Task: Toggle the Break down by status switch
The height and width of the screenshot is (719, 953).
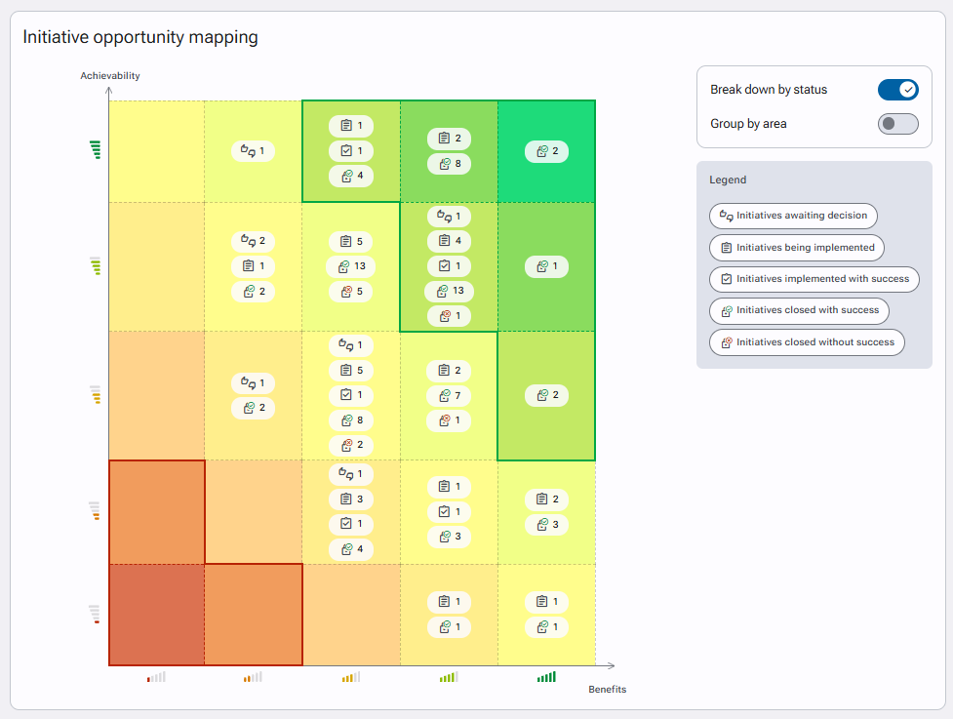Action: (897, 90)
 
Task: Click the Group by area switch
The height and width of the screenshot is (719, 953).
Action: (897, 124)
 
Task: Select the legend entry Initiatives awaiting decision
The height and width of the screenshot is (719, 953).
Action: (793, 216)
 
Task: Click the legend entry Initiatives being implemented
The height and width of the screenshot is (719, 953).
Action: (797, 248)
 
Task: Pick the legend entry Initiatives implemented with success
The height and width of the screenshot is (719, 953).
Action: (814, 279)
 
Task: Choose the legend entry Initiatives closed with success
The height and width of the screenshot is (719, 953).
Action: (799, 310)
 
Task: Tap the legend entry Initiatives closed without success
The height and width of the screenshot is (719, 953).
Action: (807, 342)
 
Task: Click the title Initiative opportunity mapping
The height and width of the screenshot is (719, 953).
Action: (140, 37)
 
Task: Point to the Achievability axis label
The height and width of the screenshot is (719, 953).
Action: (110, 75)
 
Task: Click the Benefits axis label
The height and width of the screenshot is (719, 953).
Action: (607, 689)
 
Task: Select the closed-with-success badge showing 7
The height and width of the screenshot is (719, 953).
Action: (449, 396)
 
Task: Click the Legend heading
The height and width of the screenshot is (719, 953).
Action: (728, 180)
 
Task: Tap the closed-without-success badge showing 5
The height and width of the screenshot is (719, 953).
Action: (351, 292)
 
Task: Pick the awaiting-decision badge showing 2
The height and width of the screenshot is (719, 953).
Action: (253, 241)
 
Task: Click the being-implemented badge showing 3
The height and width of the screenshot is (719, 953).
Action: (351, 499)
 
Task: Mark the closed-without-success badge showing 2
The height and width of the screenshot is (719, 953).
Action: (351, 445)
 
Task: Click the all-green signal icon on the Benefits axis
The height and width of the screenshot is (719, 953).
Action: (546, 676)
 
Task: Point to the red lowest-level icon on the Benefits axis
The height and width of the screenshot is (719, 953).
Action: (156, 676)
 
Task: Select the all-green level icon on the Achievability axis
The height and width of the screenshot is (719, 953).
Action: (95, 149)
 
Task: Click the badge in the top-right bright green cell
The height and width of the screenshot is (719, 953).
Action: (546, 151)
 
